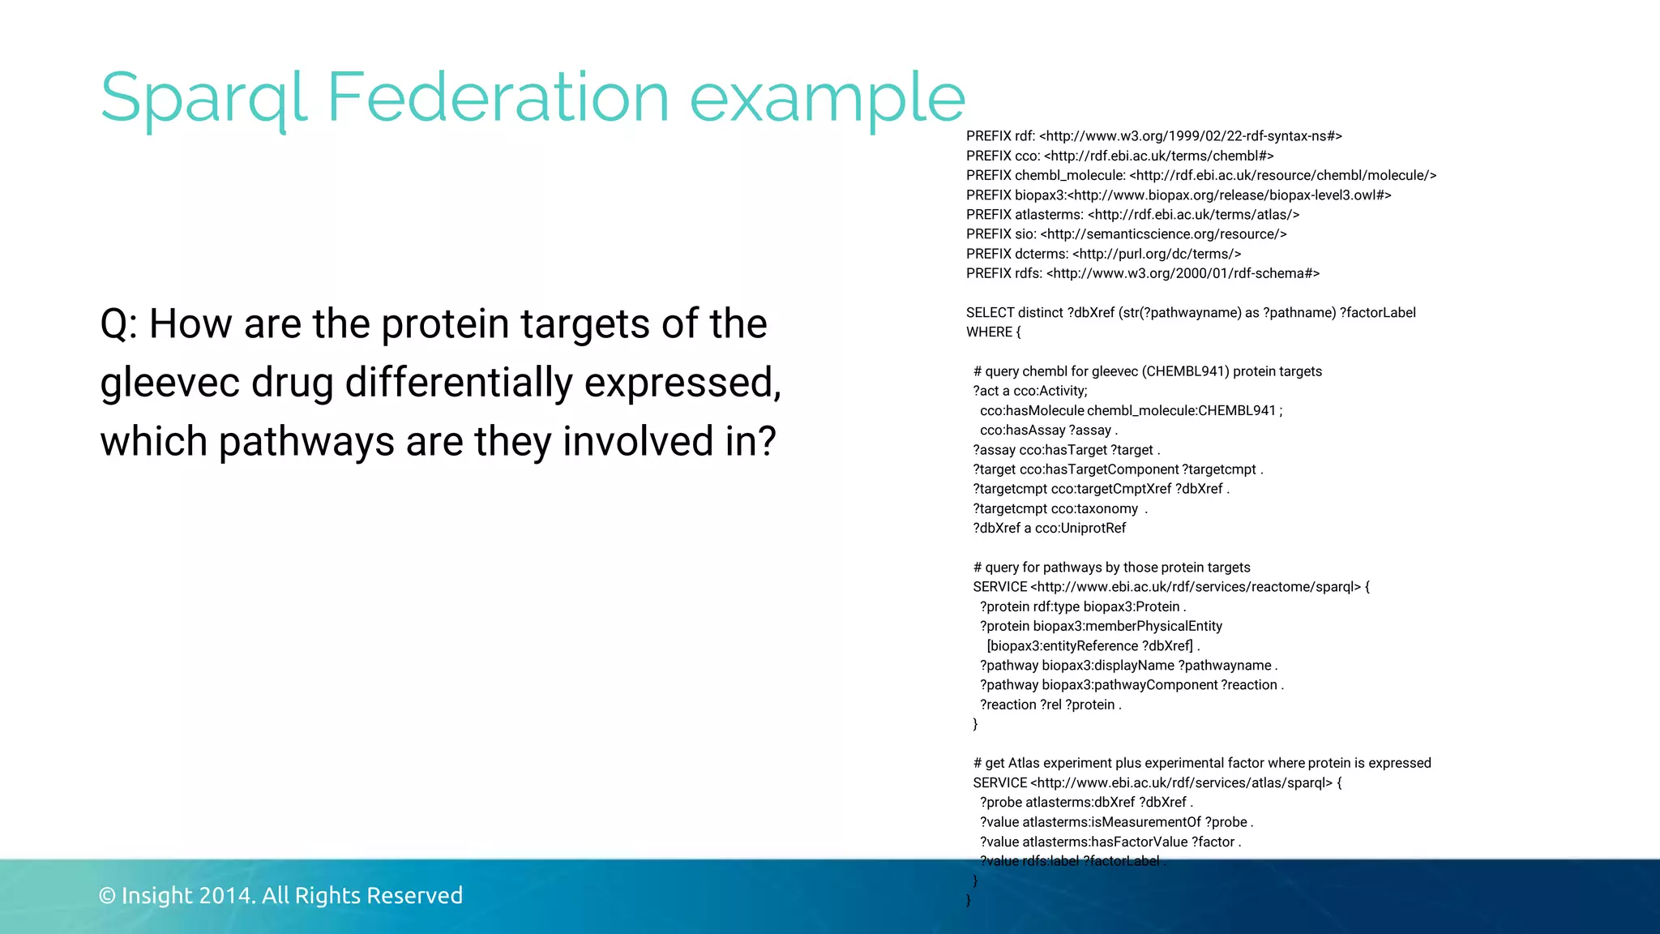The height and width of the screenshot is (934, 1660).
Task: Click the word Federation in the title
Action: [x=498, y=97]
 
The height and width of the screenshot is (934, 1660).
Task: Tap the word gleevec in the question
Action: [x=169, y=383]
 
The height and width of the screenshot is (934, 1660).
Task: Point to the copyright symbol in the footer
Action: [x=106, y=896]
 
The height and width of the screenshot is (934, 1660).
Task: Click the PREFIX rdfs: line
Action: [x=1142, y=273]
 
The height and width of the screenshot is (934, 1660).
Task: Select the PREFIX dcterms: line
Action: [x=1103, y=254]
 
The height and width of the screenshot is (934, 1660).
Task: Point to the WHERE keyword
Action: [x=989, y=332]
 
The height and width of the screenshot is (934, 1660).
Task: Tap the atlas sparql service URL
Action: [x=1181, y=783]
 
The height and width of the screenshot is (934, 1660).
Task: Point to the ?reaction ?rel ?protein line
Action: [x=1050, y=705]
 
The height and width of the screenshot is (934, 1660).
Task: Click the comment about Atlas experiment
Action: [x=1202, y=763]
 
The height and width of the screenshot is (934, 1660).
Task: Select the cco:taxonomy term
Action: [x=1094, y=509]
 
